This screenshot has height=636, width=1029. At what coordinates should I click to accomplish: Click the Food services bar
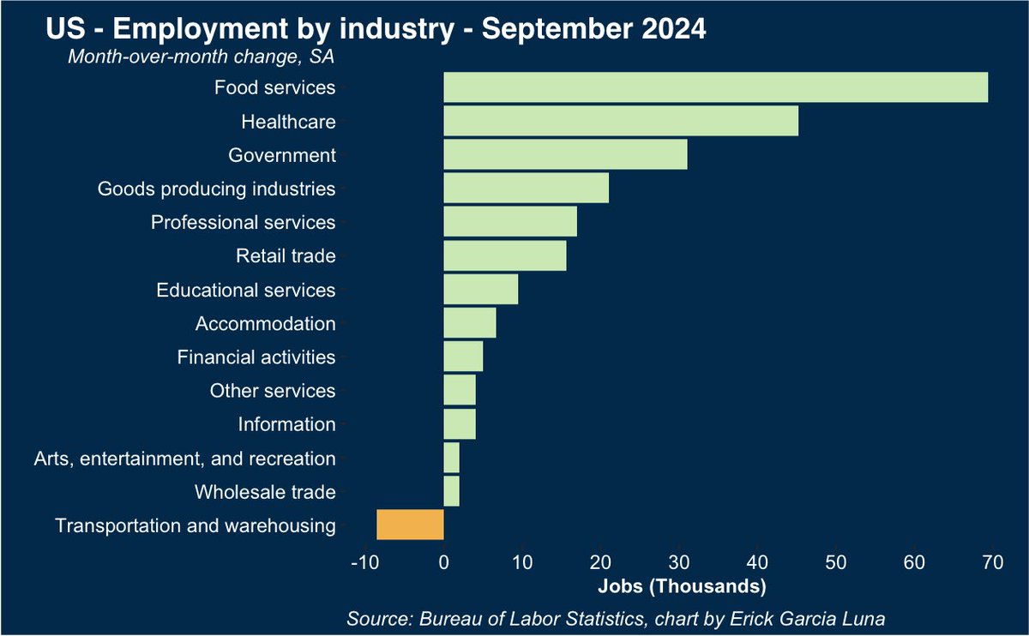(715, 87)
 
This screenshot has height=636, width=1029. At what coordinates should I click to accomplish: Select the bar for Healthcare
(621, 122)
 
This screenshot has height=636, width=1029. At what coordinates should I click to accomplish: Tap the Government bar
(565, 155)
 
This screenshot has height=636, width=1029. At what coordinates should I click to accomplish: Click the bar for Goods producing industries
(526, 189)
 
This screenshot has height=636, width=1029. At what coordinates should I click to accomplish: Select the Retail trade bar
(504, 255)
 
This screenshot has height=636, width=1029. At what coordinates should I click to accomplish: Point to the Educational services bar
(480, 290)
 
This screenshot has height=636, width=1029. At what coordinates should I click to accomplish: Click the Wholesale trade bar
(451, 492)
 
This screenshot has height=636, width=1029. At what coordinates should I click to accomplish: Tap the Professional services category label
(243, 223)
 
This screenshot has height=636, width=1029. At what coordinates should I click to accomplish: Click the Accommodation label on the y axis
(265, 324)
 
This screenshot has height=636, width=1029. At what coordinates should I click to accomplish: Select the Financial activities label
(256, 357)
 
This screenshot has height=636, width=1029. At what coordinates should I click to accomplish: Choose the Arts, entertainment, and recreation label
(184, 459)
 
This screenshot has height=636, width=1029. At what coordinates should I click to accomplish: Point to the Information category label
(286, 424)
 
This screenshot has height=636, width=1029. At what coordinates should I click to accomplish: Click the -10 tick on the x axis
(364, 563)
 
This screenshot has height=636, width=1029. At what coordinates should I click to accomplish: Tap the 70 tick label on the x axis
(992, 563)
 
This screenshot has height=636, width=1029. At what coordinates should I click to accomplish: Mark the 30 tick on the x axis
(678, 563)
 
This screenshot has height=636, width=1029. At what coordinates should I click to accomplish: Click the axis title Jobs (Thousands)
(680, 587)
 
